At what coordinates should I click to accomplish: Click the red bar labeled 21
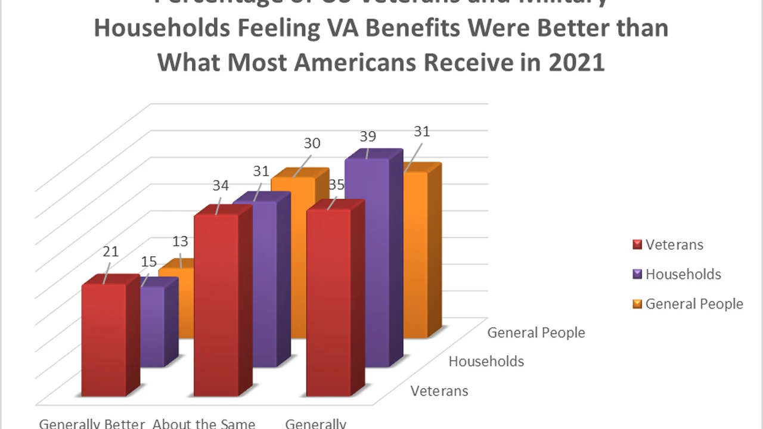pyautogui.click(x=104, y=340)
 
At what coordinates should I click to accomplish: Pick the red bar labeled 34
pyautogui.click(x=216, y=304)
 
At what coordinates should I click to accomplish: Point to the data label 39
pyautogui.click(x=368, y=136)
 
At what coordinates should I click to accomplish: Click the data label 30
pyautogui.click(x=312, y=143)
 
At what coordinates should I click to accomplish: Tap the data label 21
pyautogui.click(x=110, y=251)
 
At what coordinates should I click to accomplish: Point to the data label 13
pyautogui.click(x=180, y=241)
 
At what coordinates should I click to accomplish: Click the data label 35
pyautogui.click(x=336, y=185)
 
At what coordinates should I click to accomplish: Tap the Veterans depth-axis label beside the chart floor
pyautogui.click(x=440, y=391)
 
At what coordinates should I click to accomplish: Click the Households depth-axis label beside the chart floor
pyautogui.click(x=486, y=361)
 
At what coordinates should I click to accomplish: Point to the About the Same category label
pyautogui.click(x=204, y=424)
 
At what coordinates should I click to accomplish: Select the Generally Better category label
pyautogui.click(x=92, y=424)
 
